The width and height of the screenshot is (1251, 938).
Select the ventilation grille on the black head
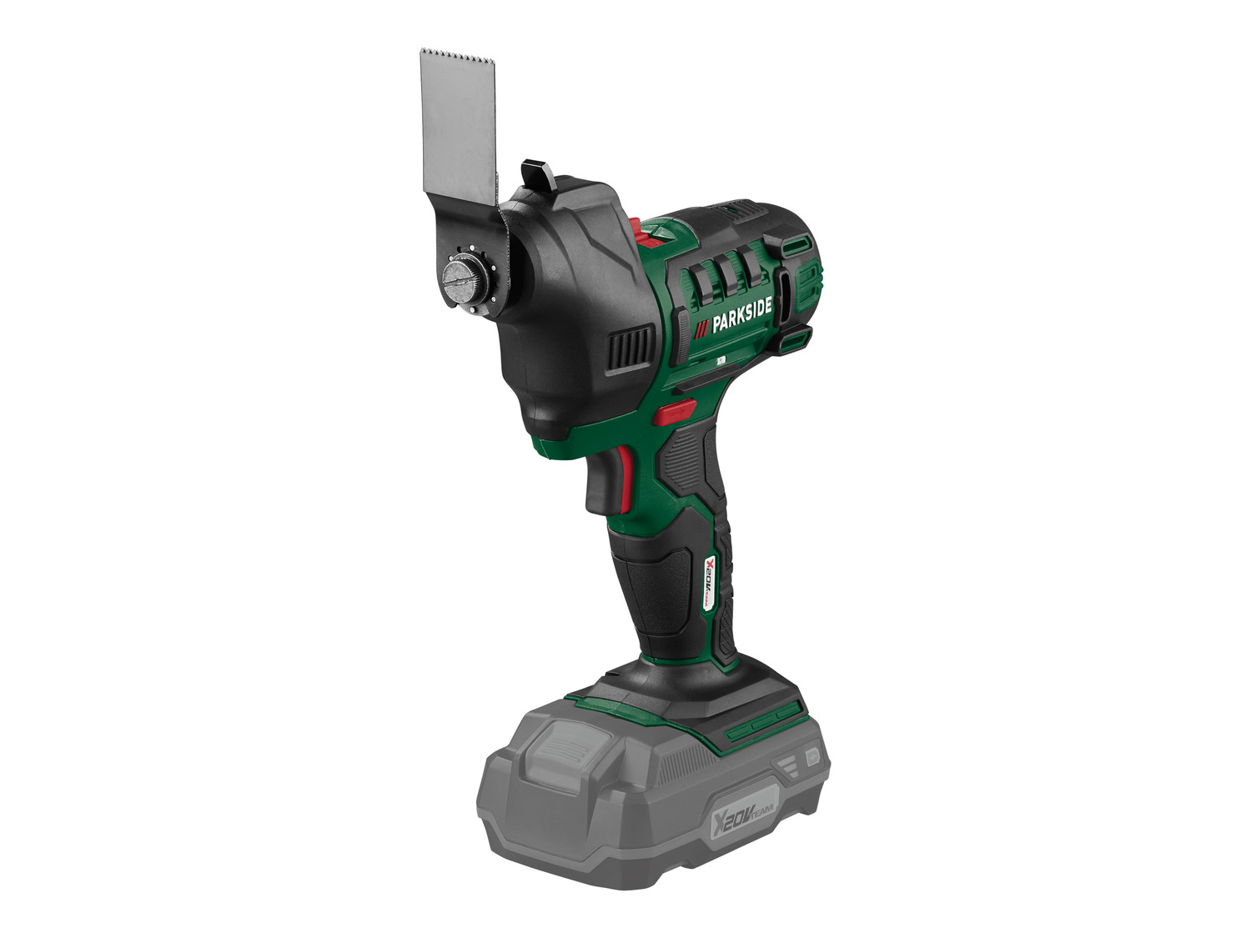(x=630, y=349)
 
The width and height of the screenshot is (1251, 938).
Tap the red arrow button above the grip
(x=676, y=412)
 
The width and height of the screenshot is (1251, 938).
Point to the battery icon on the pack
(x=811, y=757)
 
